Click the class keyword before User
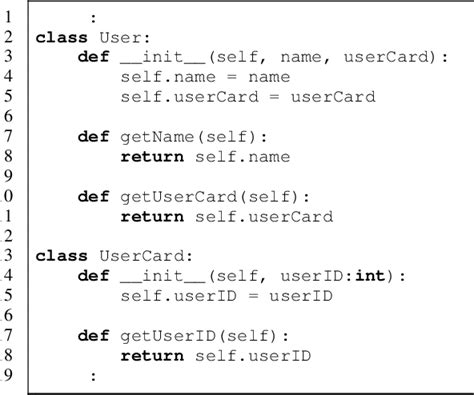tap(57, 37)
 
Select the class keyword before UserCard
tap(57, 256)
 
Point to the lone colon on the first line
tap(93, 17)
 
